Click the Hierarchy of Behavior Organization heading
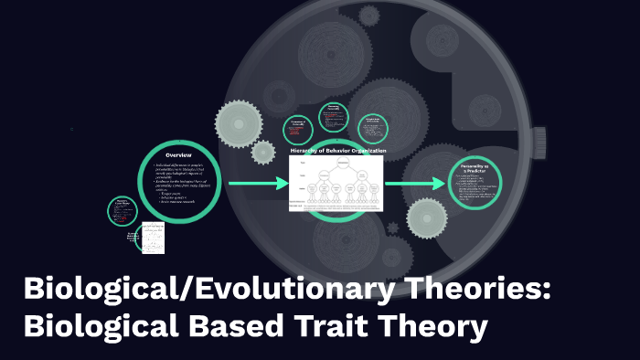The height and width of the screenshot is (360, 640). pos(337,150)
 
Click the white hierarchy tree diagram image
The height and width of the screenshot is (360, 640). pos(336,183)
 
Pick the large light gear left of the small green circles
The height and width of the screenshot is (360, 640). pos(240,122)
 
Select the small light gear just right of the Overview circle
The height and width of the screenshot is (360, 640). pos(263,152)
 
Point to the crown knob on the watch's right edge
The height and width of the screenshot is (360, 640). pos(539,139)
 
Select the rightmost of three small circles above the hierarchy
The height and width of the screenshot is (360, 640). pos(373,128)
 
